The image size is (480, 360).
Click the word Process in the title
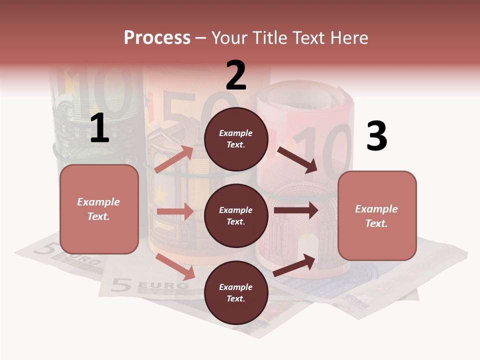[x=157, y=37]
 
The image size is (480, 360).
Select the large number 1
[x=99, y=128]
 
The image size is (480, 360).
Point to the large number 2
[x=236, y=75]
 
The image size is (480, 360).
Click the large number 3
[x=376, y=136]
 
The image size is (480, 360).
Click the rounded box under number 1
[x=99, y=209]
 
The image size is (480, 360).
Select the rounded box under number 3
[x=377, y=216]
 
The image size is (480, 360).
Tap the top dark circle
[x=236, y=139]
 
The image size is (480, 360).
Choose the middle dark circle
[x=236, y=215]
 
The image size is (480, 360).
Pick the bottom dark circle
[x=236, y=292]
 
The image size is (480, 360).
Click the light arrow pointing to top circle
[x=174, y=159]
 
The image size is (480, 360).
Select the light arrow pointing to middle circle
[x=175, y=211]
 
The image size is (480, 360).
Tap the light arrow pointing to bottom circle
[x=175, y=266]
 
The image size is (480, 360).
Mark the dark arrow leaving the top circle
[x=298, y=159]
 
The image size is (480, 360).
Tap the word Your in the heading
[x=229, y=37]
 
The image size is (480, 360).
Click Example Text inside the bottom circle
[x=236, y=292]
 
